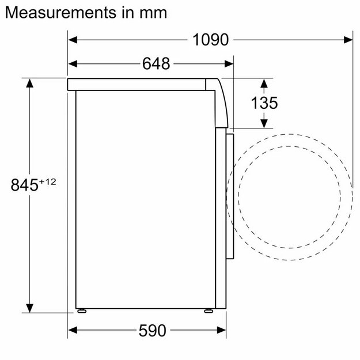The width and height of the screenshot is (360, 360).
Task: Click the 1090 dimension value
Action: [211, 40]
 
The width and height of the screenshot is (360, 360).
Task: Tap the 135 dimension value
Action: [264, 103]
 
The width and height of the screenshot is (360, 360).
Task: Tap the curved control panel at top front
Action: [221, 101]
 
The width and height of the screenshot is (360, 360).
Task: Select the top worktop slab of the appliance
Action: [138, 84]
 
